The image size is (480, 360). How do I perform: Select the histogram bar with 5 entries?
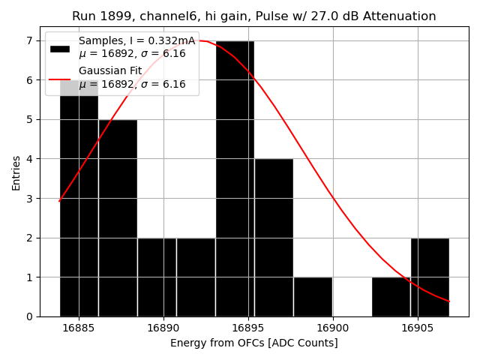pyautogui.click(x=118, y=217)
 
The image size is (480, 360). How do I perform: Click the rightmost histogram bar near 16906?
pyautogui.click(x=430, y=277)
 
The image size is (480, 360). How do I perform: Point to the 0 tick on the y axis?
pyautogui.click(x=30, y=316)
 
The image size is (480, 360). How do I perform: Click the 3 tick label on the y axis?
pyautogui.click(x=30, y=199)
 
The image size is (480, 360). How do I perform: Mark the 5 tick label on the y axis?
pyautogui.click(x=30, y=119)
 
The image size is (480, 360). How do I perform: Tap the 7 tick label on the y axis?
pyautogui.click(x=30, y=40)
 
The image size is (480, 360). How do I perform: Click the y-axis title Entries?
pyautogui.click(x=16, y=172)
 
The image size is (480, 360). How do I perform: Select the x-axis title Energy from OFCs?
pyautogui.click(x=254, y=343)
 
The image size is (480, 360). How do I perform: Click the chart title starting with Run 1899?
pyautogui.click(x=254, y=16)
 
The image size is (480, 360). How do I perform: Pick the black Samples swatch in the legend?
pyautogui.click(x=60, y=48)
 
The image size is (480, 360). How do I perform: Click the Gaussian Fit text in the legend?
pyautogui.click(x=110, y=70)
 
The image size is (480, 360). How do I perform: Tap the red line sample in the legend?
pyautogui.click(x=60, y=78)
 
